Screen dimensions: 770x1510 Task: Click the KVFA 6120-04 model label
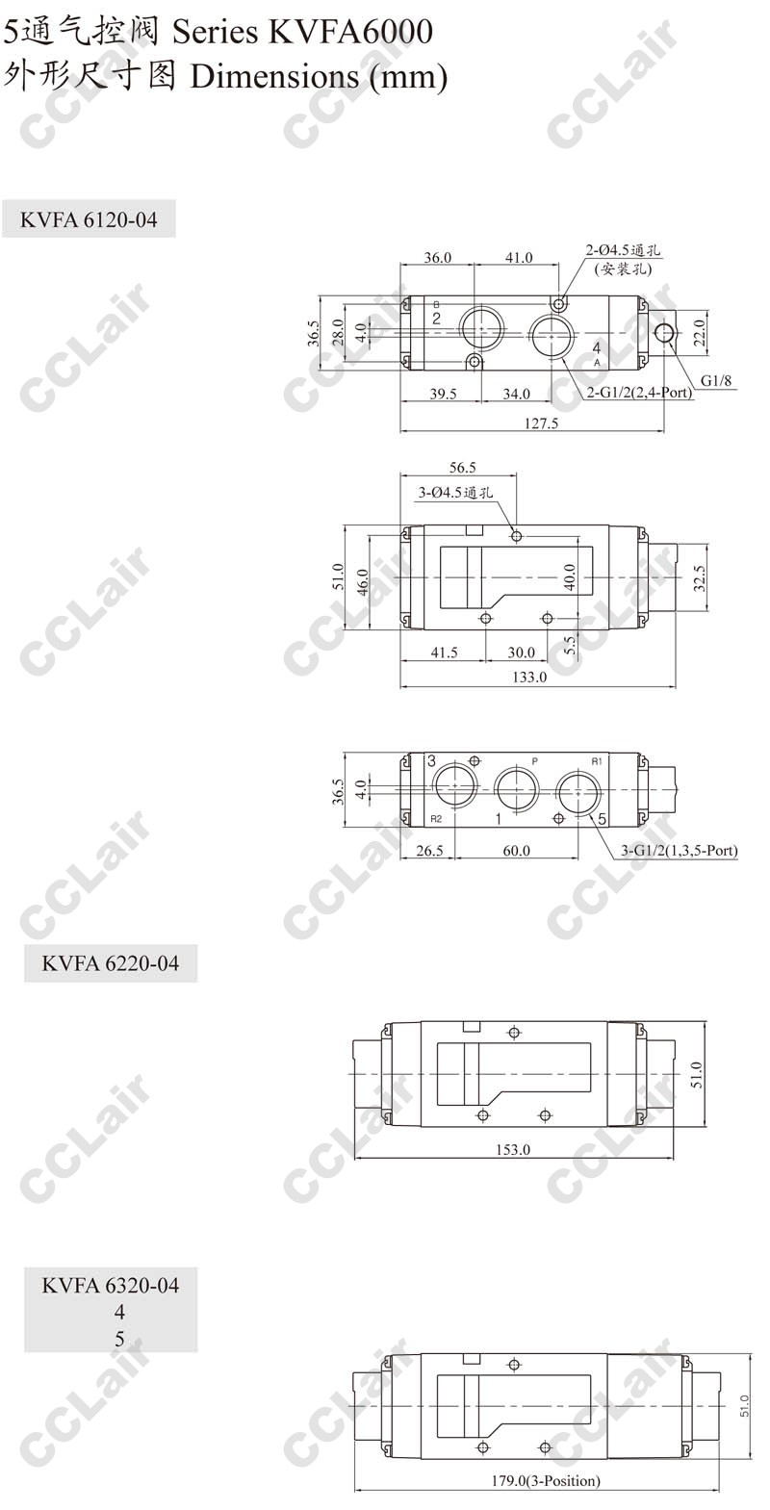tap(89, 219)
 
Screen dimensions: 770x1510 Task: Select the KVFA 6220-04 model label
tap(110, 962)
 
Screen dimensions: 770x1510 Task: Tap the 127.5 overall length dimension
tap(541, 422)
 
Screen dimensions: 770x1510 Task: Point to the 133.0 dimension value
tap(529, 677)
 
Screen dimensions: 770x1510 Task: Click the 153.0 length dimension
tap(512, 1149)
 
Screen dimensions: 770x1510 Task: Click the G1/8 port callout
tap(716, 380)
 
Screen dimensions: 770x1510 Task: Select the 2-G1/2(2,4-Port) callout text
tap(639, 393)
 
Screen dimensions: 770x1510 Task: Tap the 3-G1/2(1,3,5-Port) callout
tap(679, 850)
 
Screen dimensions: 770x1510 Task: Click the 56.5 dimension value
tap(463, 467)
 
